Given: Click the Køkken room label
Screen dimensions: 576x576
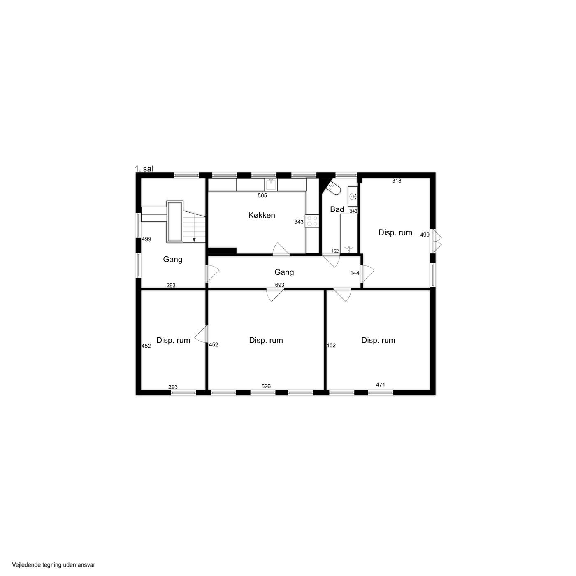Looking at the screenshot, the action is tap(262, 215).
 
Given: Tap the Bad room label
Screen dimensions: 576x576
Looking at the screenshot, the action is tap(337, 209).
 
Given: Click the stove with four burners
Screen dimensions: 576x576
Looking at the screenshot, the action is tap(312, 221).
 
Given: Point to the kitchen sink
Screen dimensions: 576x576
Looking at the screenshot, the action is tap(271, 185).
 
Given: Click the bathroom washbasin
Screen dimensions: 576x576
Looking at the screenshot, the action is tap(353, 196).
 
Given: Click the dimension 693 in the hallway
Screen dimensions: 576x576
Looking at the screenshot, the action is tap(279, 285).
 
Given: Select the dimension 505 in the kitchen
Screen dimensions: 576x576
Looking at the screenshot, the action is tap(262, 195).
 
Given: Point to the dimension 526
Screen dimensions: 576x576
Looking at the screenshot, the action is tap(266, 386).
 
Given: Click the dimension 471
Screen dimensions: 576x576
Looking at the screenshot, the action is tap(380, 385).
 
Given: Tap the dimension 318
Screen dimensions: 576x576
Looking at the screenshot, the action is tap(397, 181).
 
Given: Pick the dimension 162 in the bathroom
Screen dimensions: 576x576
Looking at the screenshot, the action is tap(335, 251).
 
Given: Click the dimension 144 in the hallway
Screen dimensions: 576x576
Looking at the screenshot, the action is tap(355, 273).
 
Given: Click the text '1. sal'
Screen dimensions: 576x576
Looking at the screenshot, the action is tap(144, 169).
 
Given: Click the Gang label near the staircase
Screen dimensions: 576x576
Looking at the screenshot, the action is tap(173, 260).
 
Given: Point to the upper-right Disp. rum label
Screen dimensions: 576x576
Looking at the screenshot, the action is tap(395, 232).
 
